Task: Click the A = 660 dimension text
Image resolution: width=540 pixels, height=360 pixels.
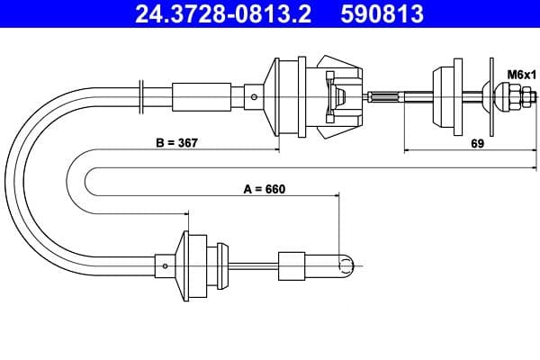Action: click(x=264, y=190)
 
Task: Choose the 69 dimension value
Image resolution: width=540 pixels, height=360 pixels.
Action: click(x=478, y=142)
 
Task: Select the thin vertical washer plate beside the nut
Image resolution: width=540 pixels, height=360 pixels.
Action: click(x=490, y=96)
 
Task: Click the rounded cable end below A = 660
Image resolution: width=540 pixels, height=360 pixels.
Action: click(x=346, y=264)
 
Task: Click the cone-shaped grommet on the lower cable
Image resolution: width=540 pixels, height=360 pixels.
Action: click(x=194, y=265)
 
